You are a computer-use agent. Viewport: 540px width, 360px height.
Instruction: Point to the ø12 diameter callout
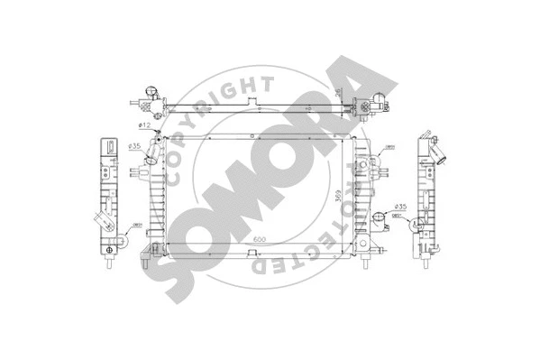click(x=143, y=125)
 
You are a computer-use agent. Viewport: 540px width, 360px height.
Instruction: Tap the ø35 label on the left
click(x=133, y=146)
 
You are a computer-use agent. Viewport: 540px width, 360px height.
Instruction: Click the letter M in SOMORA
click(x=232, y=185)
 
